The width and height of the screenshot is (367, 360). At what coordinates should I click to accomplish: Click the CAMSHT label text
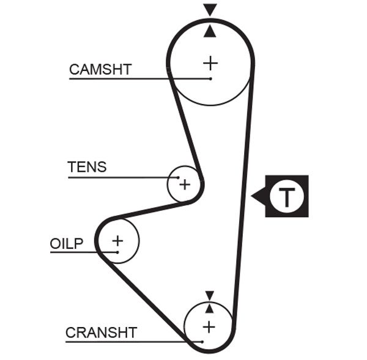point(100,70)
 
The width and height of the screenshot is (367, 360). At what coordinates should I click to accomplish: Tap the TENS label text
point(87,167)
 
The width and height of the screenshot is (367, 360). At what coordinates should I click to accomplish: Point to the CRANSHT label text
point(101,332)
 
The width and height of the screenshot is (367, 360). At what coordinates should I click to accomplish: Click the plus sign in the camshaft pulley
point(210,62)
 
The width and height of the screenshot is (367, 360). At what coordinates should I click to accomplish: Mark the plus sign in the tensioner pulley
point(184,184)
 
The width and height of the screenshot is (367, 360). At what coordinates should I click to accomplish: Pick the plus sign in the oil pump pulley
point(117,241)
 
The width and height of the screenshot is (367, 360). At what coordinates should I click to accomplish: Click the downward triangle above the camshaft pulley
point(210,9)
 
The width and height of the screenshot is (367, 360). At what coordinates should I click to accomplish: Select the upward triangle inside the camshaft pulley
point(210,31)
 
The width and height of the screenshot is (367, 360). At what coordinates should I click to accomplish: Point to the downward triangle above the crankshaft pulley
point(210,295)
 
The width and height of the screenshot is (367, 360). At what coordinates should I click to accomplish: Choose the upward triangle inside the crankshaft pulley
point(210,308)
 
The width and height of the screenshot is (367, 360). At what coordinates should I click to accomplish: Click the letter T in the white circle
point(287,197)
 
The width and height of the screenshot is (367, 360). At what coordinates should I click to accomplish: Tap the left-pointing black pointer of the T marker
point(258,196)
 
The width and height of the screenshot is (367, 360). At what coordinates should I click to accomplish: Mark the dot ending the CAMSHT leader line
point(210,79)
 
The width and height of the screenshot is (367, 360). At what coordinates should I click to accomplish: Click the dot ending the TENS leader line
point(178,177)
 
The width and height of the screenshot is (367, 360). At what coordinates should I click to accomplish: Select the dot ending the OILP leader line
point(116,252)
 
